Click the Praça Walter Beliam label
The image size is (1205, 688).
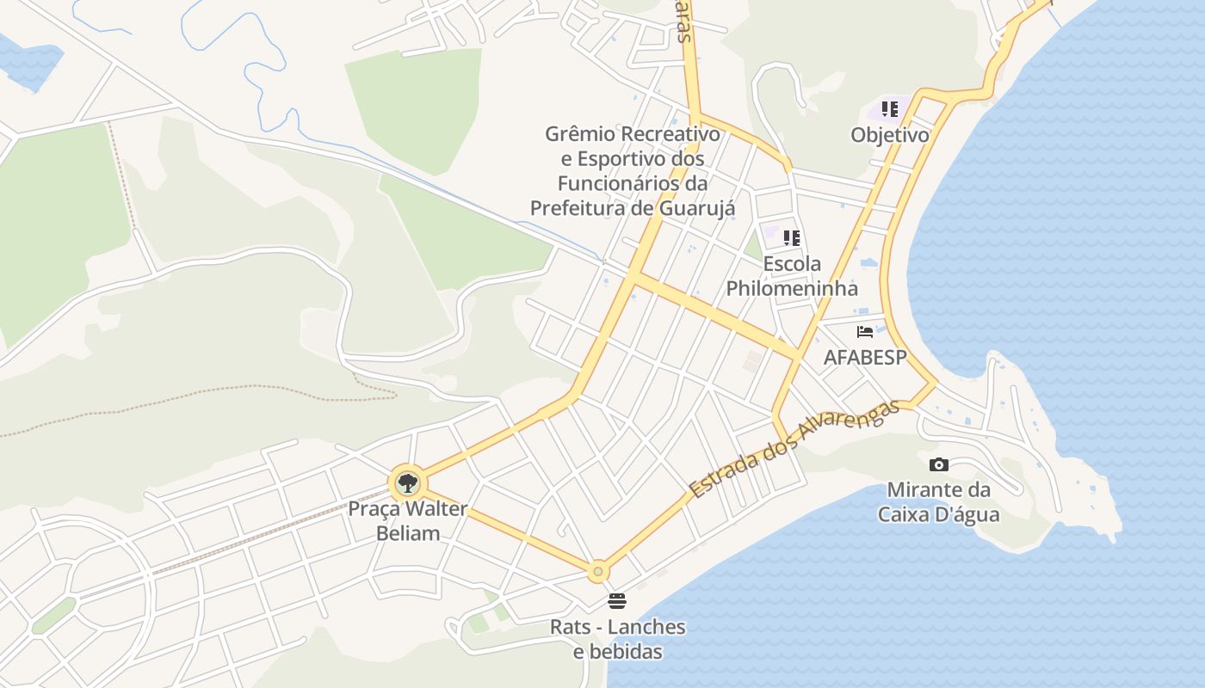pyautogui.click(x=408, y=520)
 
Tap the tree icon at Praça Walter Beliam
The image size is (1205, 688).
pyautogui.click(x=407, y=482)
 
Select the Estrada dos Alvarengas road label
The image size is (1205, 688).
pyautogui.click(x=794, y=448)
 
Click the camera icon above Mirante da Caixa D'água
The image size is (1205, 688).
pyautogui.click(x=939, y=465)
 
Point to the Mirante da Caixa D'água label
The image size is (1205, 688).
pyautogui.click(x=938, y=502)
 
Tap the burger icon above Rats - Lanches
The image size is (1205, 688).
pyautogui.click(x=617, y=600)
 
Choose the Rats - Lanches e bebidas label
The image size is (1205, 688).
pyautogui.click(x=618, y=638)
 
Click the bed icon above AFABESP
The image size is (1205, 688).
pyautogui.click(x=865, y=332)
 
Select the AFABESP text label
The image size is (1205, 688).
pyautogui.click(x=865, y=357)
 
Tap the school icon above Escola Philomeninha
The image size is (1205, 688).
pyautogui.click(x=792, y=238)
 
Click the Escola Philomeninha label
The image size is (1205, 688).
pyautogui.click(x=792, y=276)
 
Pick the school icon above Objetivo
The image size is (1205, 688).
pyautogui.click(x=890, y=109)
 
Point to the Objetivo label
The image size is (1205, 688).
pyautogui.click(x=890, y=135)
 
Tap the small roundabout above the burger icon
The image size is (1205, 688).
pyautogui.click(x=598, y=571)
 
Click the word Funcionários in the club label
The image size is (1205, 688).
pyautogui.click(x=620, y=183)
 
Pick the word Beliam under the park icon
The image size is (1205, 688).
pyautogui.click(x=408, y=533)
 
